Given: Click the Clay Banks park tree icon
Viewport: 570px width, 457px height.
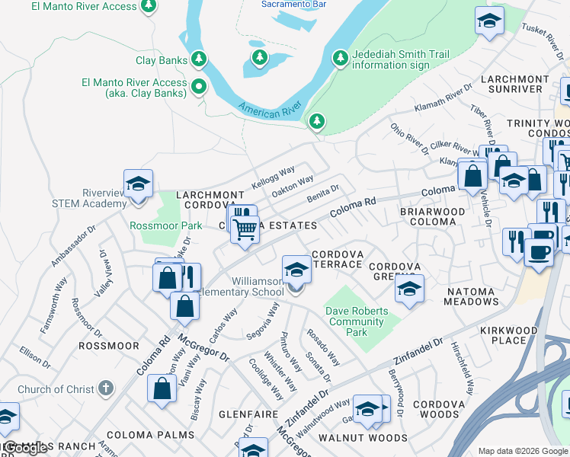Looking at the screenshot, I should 199,59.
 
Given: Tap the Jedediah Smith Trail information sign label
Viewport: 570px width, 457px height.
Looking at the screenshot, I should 400,59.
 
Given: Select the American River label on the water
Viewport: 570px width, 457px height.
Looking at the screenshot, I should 266,109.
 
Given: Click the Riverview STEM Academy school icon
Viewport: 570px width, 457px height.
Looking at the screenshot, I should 138,184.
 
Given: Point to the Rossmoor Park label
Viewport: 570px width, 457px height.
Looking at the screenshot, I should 166,225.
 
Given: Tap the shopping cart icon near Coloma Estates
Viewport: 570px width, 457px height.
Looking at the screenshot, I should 244,228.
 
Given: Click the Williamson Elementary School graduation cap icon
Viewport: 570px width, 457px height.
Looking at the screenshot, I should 296,269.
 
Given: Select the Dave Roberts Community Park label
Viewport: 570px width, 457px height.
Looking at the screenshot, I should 356,321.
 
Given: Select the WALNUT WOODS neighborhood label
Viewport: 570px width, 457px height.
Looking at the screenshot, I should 362,438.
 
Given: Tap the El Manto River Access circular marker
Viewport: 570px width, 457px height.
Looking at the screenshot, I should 199,86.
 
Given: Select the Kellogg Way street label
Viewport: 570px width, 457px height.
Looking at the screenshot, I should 273,179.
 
